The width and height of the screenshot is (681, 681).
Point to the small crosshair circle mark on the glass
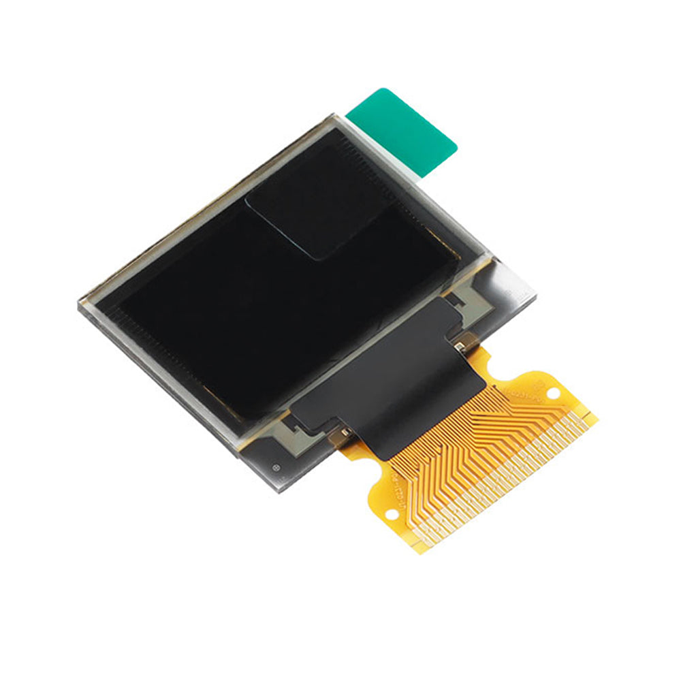[x=276, y=468]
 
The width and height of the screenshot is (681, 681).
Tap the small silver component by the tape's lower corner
[x=345, y=432]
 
